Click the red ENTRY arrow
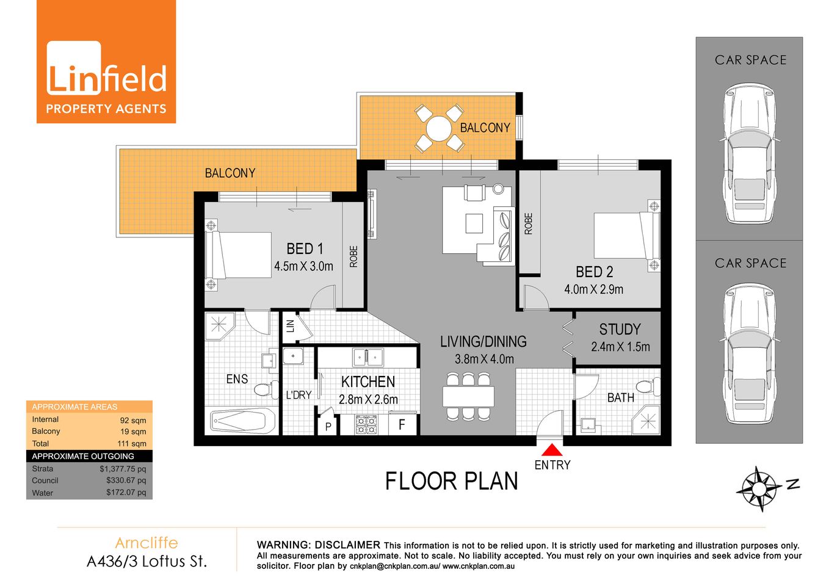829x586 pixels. (552, 450)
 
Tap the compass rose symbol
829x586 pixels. (759, 488)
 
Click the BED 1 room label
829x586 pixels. (305, 249)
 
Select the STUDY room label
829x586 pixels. (620, 330)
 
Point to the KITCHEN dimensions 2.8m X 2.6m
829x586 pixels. (368, 399)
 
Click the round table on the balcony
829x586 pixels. (438, 129)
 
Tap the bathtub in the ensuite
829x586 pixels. (242, 421)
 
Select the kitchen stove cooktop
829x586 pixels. (366, 424)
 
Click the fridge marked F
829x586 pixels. (402, 424)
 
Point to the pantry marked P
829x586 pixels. (328, 426)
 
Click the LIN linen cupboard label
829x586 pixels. (291, 326)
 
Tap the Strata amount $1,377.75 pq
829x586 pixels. (123, 469)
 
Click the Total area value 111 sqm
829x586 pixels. (132, 444)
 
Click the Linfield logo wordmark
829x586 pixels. (106, 79)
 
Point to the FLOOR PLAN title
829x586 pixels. (451, 482)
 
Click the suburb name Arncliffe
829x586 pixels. (147, 543)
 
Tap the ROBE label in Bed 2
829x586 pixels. (529, 223)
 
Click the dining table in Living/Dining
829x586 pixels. (468, 397)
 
